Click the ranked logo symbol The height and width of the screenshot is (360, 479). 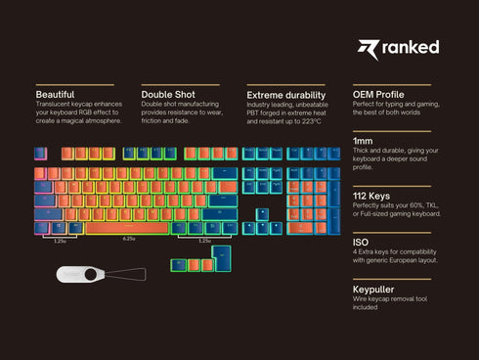coord(368,48)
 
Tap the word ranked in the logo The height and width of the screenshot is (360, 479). coord(411,47)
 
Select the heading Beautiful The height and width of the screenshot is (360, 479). coord(55,94)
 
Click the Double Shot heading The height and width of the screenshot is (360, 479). coord(167,94)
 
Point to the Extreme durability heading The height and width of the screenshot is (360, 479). coord(286,94)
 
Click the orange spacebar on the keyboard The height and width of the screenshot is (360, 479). coord(129,228)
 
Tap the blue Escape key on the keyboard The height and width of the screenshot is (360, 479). coord(40,154)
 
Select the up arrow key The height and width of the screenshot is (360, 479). coord(262,214)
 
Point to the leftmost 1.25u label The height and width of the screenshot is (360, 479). coord(61,240)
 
